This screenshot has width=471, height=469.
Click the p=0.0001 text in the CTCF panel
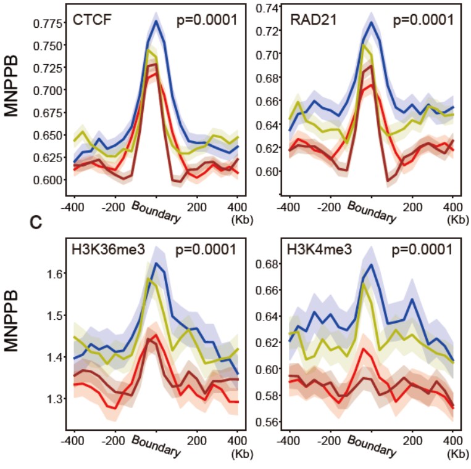point(207,19)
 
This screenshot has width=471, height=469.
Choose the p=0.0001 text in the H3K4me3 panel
point(423,250)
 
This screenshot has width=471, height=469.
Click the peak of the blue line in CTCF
point(157,22)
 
